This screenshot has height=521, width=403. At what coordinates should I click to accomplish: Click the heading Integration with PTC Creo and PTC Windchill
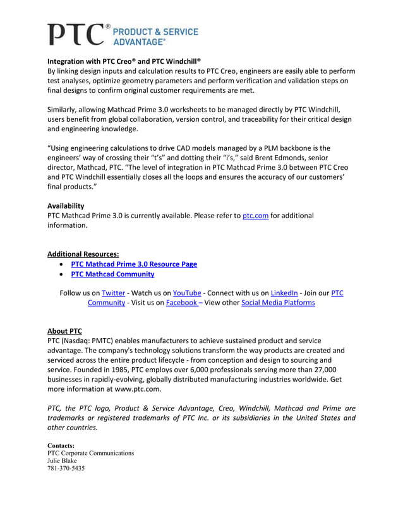click(124, 61)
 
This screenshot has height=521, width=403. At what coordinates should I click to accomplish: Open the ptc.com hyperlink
click(256, 216)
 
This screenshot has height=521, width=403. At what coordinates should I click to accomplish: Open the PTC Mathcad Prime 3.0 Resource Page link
click(134, 264)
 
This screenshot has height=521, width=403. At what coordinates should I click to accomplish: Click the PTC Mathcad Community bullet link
click(112, 274)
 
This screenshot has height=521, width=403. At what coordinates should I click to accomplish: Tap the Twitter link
click(114, 293)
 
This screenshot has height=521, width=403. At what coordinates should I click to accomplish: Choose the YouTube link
click(187, 293)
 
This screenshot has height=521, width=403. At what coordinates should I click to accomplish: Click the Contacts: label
click(61, 445)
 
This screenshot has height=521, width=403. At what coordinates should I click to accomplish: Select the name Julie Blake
click(63, 460)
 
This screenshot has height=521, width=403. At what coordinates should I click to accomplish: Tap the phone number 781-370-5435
click(66, 469)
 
